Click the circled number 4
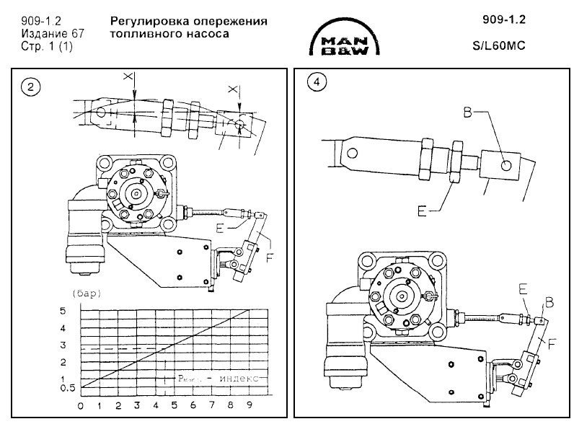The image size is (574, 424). [x=315, y=81]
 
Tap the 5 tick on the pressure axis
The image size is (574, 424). [x=83, y=310]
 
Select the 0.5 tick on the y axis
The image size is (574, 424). [x=86, y=389]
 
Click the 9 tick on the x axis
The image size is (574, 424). [x=250, y=405]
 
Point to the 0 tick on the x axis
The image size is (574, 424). [x=81, y=405]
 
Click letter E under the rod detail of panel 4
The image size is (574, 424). [x=422, y=211]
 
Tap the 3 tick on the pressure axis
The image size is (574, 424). [x=83, y=345]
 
